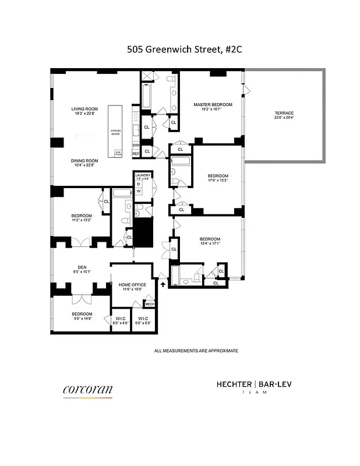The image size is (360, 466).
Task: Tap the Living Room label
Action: tap(84, 109)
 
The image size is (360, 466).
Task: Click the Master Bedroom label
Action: tap(213, 105)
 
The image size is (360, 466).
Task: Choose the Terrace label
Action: tap(284, 113)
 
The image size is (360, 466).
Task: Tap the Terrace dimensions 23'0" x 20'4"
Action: tap(284, 118)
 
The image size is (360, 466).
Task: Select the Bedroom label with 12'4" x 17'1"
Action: tap(210, 239)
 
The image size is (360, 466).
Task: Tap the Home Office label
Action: tap(132, 285)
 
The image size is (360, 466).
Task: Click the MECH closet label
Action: tap(150, 304)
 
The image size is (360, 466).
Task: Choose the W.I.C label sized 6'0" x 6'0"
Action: tap(142, 319)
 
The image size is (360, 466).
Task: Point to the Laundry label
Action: tap(143, 175)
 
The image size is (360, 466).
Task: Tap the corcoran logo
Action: tap(87, 389)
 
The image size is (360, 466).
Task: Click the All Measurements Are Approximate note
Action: tap(196, 351)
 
